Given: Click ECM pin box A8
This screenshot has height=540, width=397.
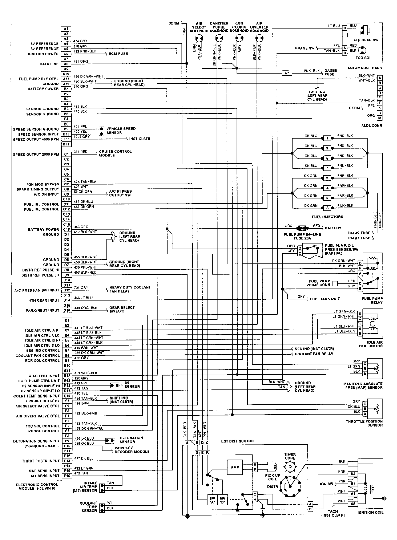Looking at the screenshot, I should (x=66, y=64).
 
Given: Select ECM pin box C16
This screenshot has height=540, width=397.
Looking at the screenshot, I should (x=66, y=230).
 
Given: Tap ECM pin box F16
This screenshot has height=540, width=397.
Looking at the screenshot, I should (x=67, y=476).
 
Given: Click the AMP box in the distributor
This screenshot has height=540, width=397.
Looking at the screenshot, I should (x=235, y=467).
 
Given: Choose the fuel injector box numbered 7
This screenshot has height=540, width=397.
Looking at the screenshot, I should (x=327, y=168).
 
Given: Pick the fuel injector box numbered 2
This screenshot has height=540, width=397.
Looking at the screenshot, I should (x=327, y=178).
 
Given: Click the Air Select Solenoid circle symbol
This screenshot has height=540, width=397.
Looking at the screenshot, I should (x=199, y=38).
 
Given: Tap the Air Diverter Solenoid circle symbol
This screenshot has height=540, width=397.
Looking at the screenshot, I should (x=259, y=38).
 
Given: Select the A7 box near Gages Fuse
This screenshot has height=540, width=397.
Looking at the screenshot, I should (x=287, y=73).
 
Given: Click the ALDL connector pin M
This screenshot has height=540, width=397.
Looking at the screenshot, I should (x=380, y=118).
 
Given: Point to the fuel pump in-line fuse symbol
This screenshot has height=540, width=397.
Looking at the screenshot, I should (x=303, y=228).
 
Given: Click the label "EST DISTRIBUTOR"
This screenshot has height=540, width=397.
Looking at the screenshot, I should (x=237, y=441).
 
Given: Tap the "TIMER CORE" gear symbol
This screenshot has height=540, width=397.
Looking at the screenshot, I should (x=290, y=467).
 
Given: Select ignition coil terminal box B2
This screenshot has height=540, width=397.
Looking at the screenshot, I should (x=353, y=474).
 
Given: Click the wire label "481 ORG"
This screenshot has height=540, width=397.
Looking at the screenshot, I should (x=80, y=61).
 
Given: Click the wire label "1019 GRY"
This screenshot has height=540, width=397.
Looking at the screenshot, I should (x=82, y=137).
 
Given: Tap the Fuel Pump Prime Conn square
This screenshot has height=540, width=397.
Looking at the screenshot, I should (x=335, y=283).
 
